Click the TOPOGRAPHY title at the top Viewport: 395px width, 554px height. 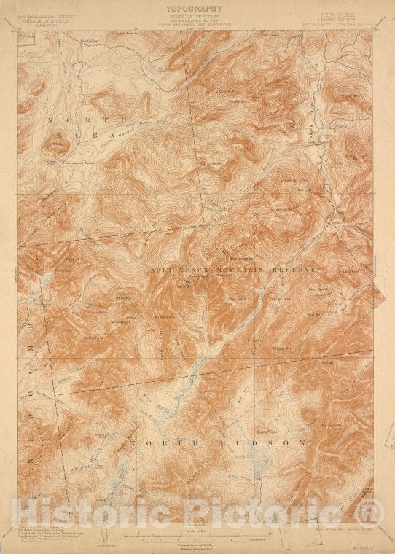tap(197, 9)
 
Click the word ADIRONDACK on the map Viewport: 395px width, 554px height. tap(178, 269)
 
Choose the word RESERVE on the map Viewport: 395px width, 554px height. tap(294, 269)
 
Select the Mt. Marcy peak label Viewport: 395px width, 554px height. tap(124, 297)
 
